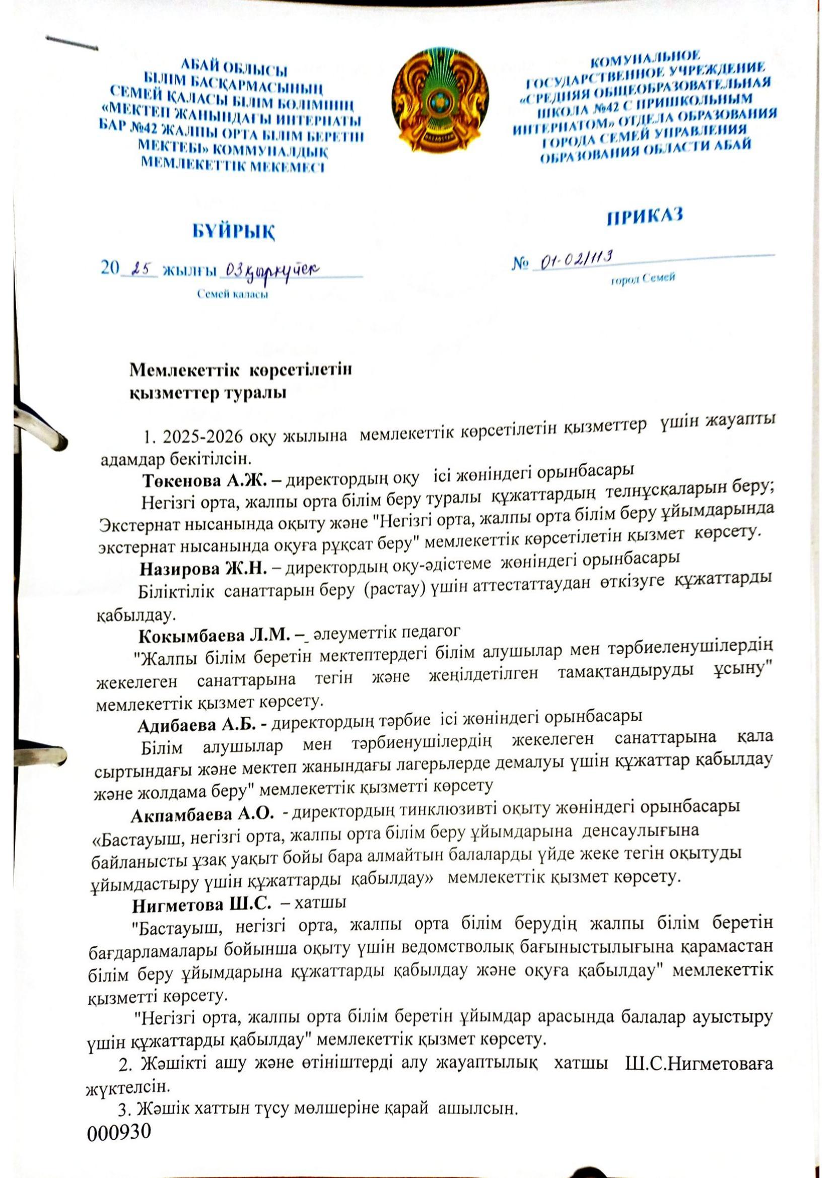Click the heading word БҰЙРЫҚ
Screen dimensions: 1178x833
[233, 232]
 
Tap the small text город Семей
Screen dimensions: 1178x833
[642, 279]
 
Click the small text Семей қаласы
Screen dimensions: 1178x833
[233, 295]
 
